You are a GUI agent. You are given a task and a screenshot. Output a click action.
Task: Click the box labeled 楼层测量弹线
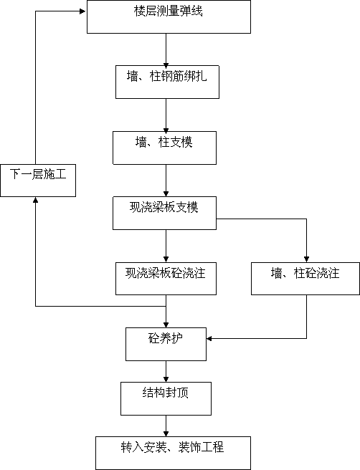tap(169, 16)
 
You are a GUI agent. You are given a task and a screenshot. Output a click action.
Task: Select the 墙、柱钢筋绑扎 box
tap(167, 82)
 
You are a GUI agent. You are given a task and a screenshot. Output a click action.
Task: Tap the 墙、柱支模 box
tap(164, 148)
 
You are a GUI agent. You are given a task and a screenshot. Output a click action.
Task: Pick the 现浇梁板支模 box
tap(164, 213)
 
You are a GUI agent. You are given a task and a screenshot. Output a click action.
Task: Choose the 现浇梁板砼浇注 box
tap(166, 279)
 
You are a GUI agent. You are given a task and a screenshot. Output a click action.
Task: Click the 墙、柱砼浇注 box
tap(305, 279)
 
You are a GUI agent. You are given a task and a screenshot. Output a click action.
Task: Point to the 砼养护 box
tap(166, 344)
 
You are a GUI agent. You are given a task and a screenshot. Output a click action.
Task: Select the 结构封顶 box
tap(166, 398)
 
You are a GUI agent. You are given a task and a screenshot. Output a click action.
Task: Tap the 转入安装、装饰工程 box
tap(173, 453)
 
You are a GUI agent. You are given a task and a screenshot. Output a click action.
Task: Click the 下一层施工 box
tap(38, 181)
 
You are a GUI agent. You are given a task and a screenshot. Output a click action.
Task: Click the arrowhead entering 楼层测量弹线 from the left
tap(83, 11)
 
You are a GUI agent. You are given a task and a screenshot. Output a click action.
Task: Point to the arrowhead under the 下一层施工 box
tap(35, 200)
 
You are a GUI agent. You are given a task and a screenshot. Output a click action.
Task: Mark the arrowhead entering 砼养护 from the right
tap(209, 339)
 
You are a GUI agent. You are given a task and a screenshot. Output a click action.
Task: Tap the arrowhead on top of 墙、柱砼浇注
tap(306, 259)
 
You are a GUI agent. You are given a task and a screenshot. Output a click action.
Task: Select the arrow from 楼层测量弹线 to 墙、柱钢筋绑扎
tap(166, 49)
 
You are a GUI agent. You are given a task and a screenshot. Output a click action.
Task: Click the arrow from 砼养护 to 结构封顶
tap(166, 371)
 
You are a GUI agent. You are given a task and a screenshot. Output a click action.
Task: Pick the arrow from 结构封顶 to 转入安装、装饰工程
tap(166, 426)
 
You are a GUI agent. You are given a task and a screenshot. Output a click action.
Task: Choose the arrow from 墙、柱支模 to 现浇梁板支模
tap(166, 181)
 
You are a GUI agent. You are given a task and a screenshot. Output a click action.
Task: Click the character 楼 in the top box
tap(140, 11)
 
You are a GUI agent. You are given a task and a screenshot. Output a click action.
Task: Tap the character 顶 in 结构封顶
tap(183, 393)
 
